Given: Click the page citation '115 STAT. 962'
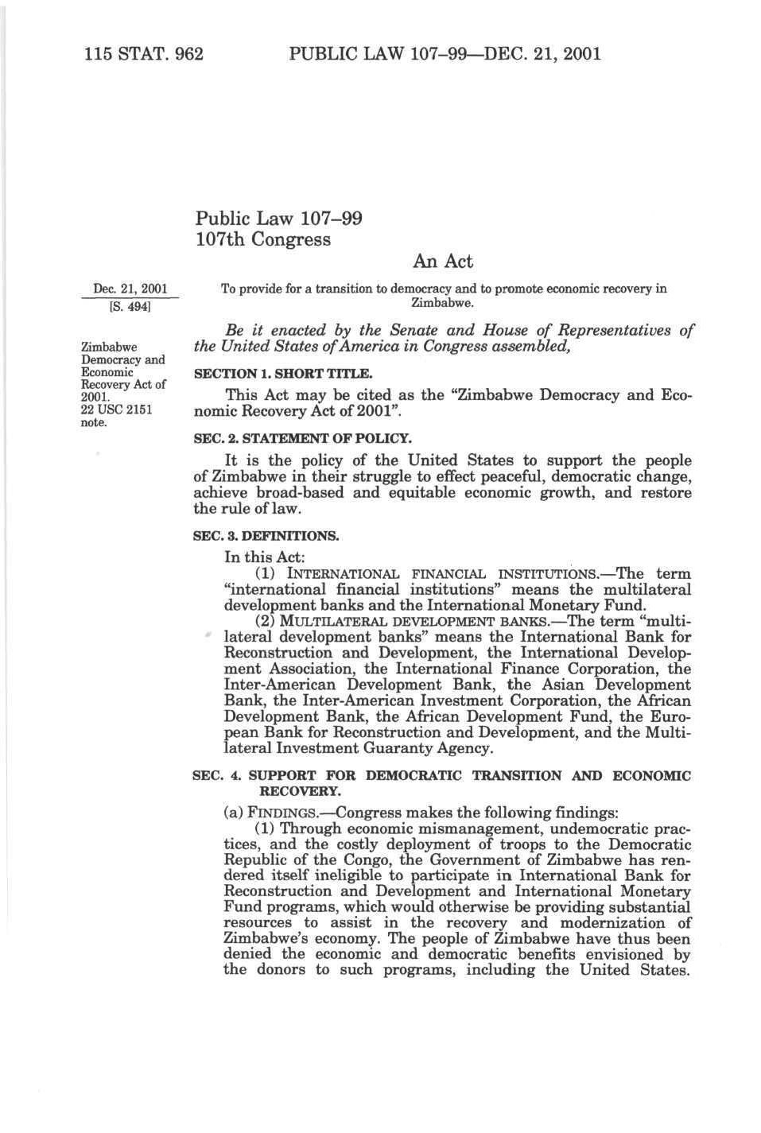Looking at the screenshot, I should click(143, 54).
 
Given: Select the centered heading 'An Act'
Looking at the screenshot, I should click(443, 262).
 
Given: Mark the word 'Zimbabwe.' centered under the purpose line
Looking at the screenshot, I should click(442, 303).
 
